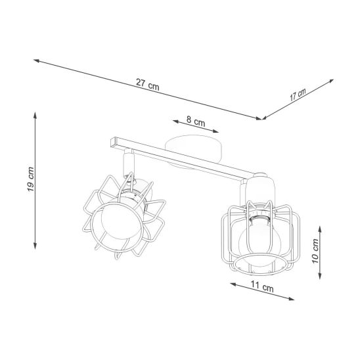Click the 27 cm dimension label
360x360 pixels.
(147, 85)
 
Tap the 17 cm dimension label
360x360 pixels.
(298, 95)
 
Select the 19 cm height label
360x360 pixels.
(30, 179)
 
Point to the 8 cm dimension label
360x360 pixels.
(195, 121)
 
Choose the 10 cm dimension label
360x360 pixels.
(315, 251)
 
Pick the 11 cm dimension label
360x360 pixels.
(261, 286)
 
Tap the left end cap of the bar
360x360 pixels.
(113, 143)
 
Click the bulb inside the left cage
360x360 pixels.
(121, 221)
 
